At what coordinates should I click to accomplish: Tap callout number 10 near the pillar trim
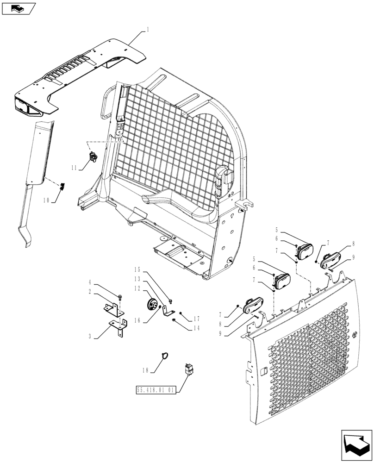[x=47, y=200]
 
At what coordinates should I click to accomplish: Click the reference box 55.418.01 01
[x=156, y=390]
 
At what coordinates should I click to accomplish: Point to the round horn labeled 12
[x=150, y=305]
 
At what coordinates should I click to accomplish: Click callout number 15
[x=137, y=270]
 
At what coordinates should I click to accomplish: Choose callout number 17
[x=196, y=319]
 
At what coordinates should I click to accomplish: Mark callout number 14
[x=196, y=327]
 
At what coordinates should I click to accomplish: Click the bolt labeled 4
[x=120, y=295]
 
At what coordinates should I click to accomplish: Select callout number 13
[x=137, y=279]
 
